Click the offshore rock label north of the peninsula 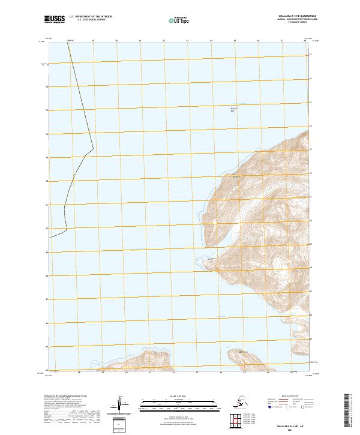click(235, 109)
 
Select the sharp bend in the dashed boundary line click(93, 148)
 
